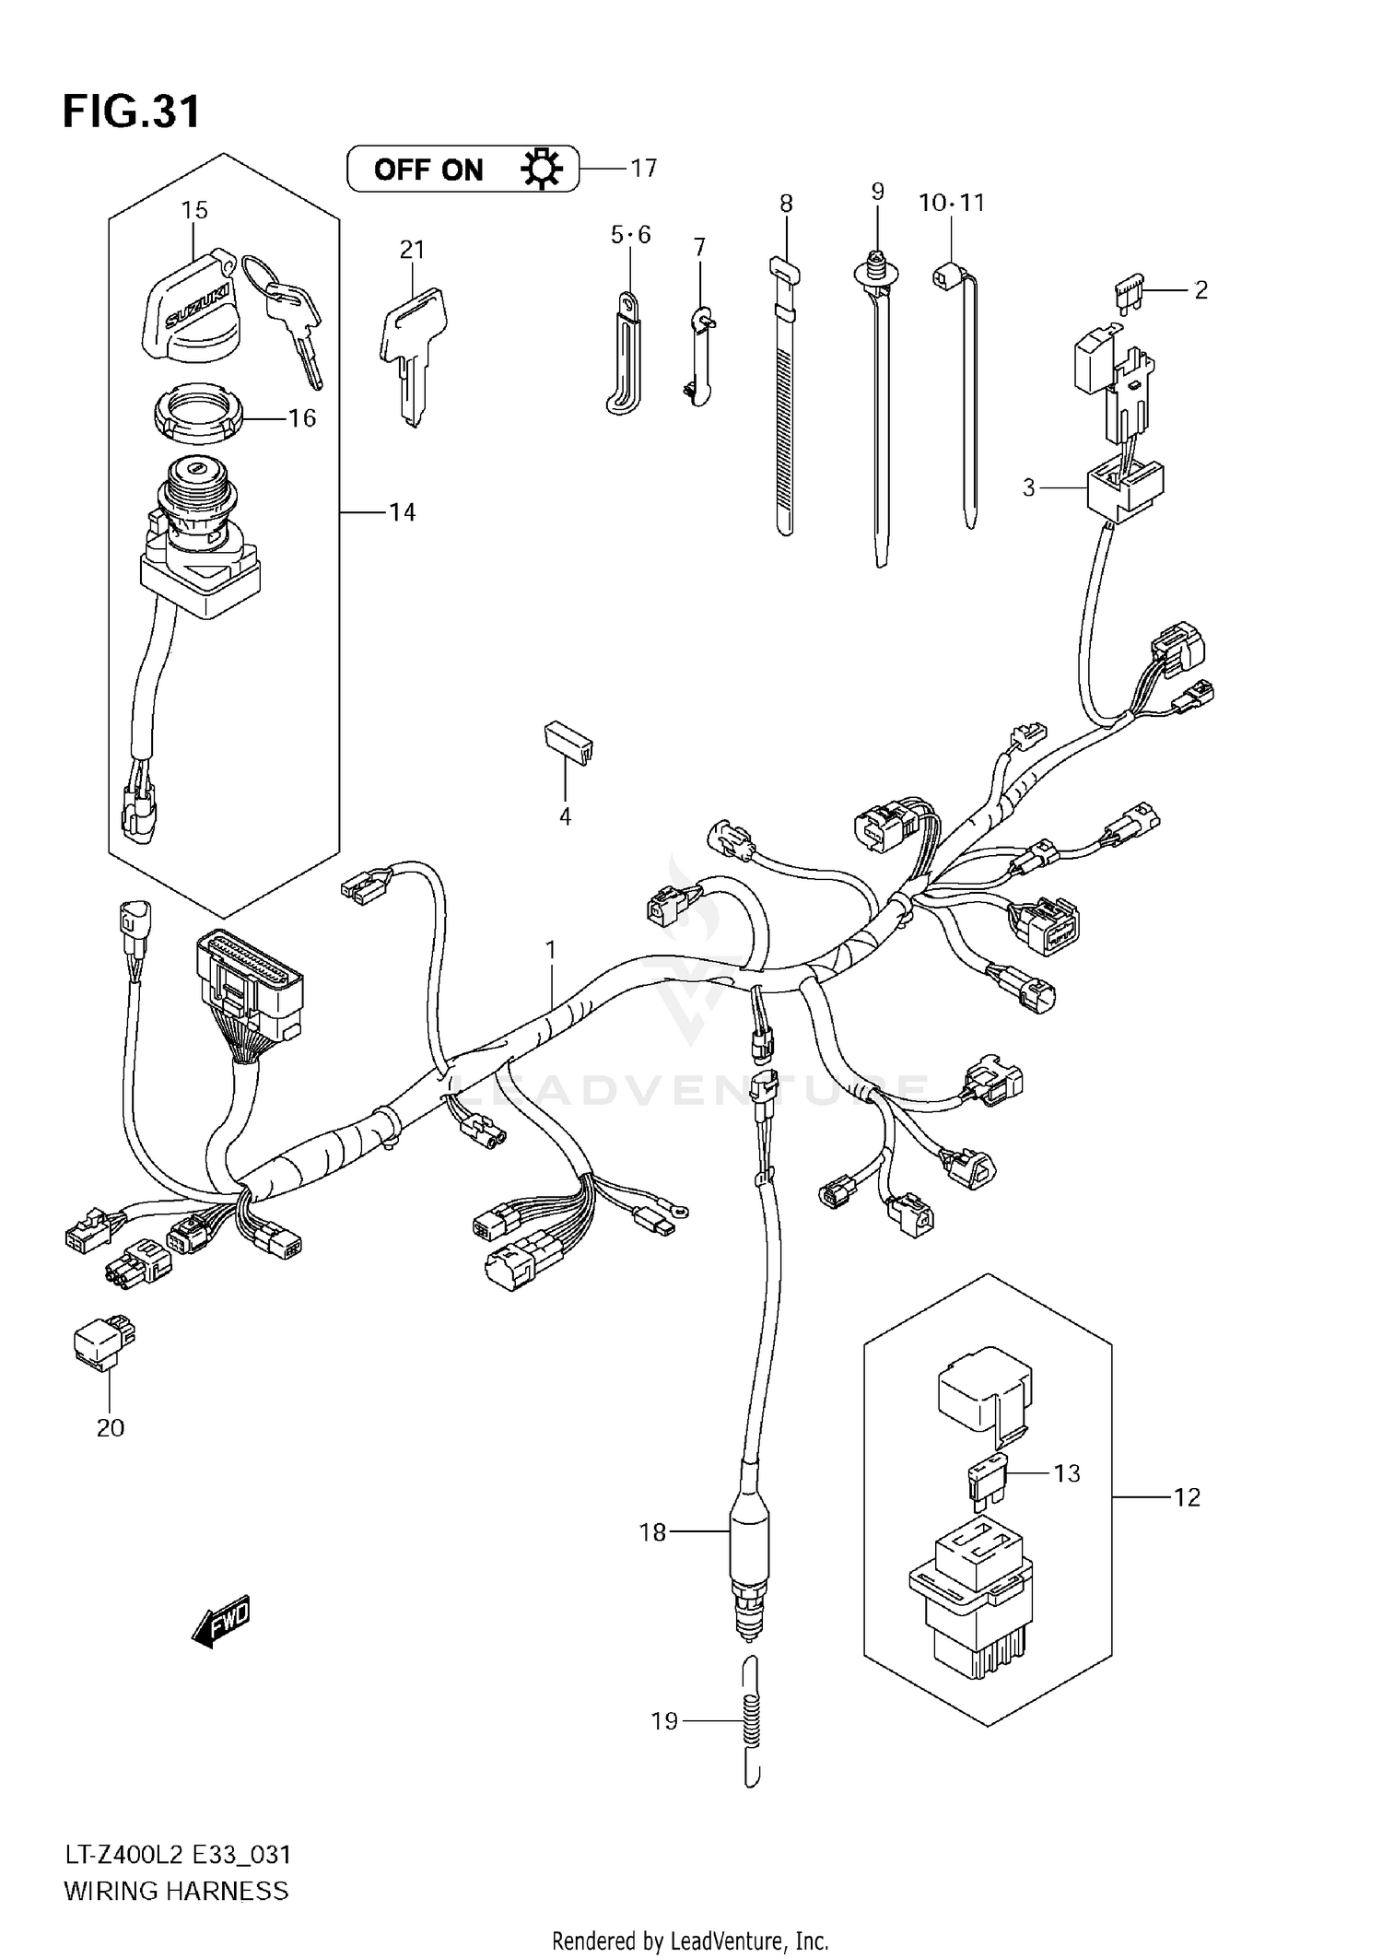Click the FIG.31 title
[x=131, y=111]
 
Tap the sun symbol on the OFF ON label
[x=541, y=170]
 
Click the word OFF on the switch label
[x=402, y=170]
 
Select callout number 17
[x=643, y=168]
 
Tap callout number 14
[x=402, y=512]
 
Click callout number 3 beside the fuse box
[x=1029, y=487]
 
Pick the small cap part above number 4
[x=567, y=742]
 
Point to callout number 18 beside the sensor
[x=652, y=1532]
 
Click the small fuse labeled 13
[x=986, y=1480]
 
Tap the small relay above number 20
[x=102, y=1342]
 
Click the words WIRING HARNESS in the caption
[x=176, y=1891]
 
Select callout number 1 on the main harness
[x=551, y=948]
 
